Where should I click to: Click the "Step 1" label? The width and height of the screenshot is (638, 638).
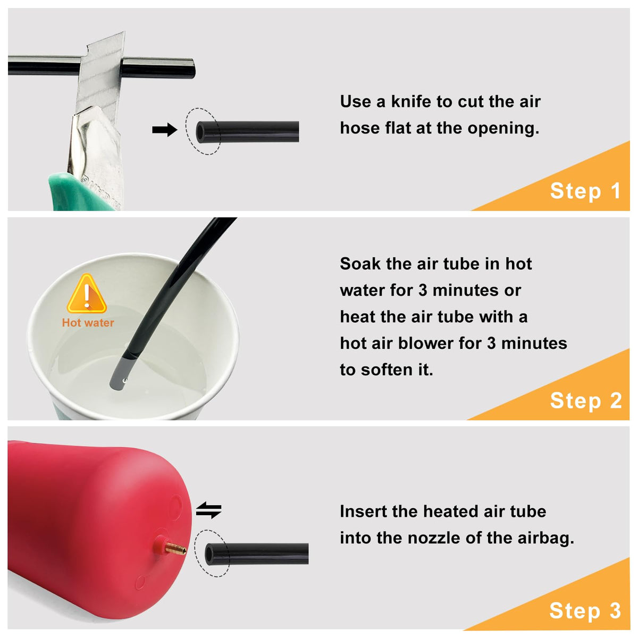pos(585,191)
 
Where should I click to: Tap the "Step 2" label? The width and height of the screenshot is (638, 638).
pos(586,401)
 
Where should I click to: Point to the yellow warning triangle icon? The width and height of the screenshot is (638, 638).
pos(87,293)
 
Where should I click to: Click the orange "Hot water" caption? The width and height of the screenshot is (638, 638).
pos(88,323)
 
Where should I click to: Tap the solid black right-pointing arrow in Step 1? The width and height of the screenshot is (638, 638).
pos(164,129)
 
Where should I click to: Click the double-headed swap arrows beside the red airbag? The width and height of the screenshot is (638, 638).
pos(208,510)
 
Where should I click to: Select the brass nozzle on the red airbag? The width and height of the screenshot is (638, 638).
pos(176,549)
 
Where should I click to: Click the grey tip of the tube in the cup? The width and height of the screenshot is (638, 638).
pos(120,372)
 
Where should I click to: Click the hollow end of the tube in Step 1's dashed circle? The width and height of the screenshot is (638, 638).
pos(200,132)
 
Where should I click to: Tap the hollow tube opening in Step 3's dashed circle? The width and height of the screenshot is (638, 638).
pos(209,554)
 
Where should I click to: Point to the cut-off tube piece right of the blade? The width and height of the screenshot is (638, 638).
pos(158,68)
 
